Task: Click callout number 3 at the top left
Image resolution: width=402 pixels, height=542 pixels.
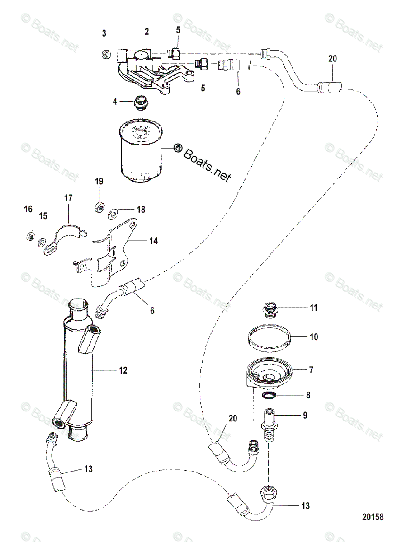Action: pyautogui.click(x=104, y=33)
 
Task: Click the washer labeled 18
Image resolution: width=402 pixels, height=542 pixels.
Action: pyautogui.click(x=114, y=210)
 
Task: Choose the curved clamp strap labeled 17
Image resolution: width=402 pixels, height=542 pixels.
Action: pyautogui.click(x=66, y=233)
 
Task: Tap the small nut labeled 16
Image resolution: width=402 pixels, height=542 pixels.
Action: pyautogui.click(x=28, y=236)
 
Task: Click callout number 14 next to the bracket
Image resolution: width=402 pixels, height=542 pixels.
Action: pyautogui.click(x=154, y=241)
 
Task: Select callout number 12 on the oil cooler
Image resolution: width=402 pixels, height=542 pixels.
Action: pyautogui.click(x=123, y=370)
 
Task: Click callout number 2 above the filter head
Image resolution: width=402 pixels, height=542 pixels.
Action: pyautogui.click(x=147, y=31)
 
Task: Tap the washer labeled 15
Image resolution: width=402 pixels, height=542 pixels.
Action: pyautogui.click(x=42, y=242)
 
